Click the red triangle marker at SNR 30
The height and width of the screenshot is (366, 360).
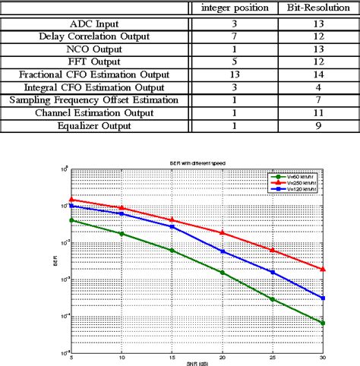click(324, 270)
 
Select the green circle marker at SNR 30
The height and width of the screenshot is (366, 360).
click(324, 323)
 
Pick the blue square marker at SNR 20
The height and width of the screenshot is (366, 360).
click(223, 251)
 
